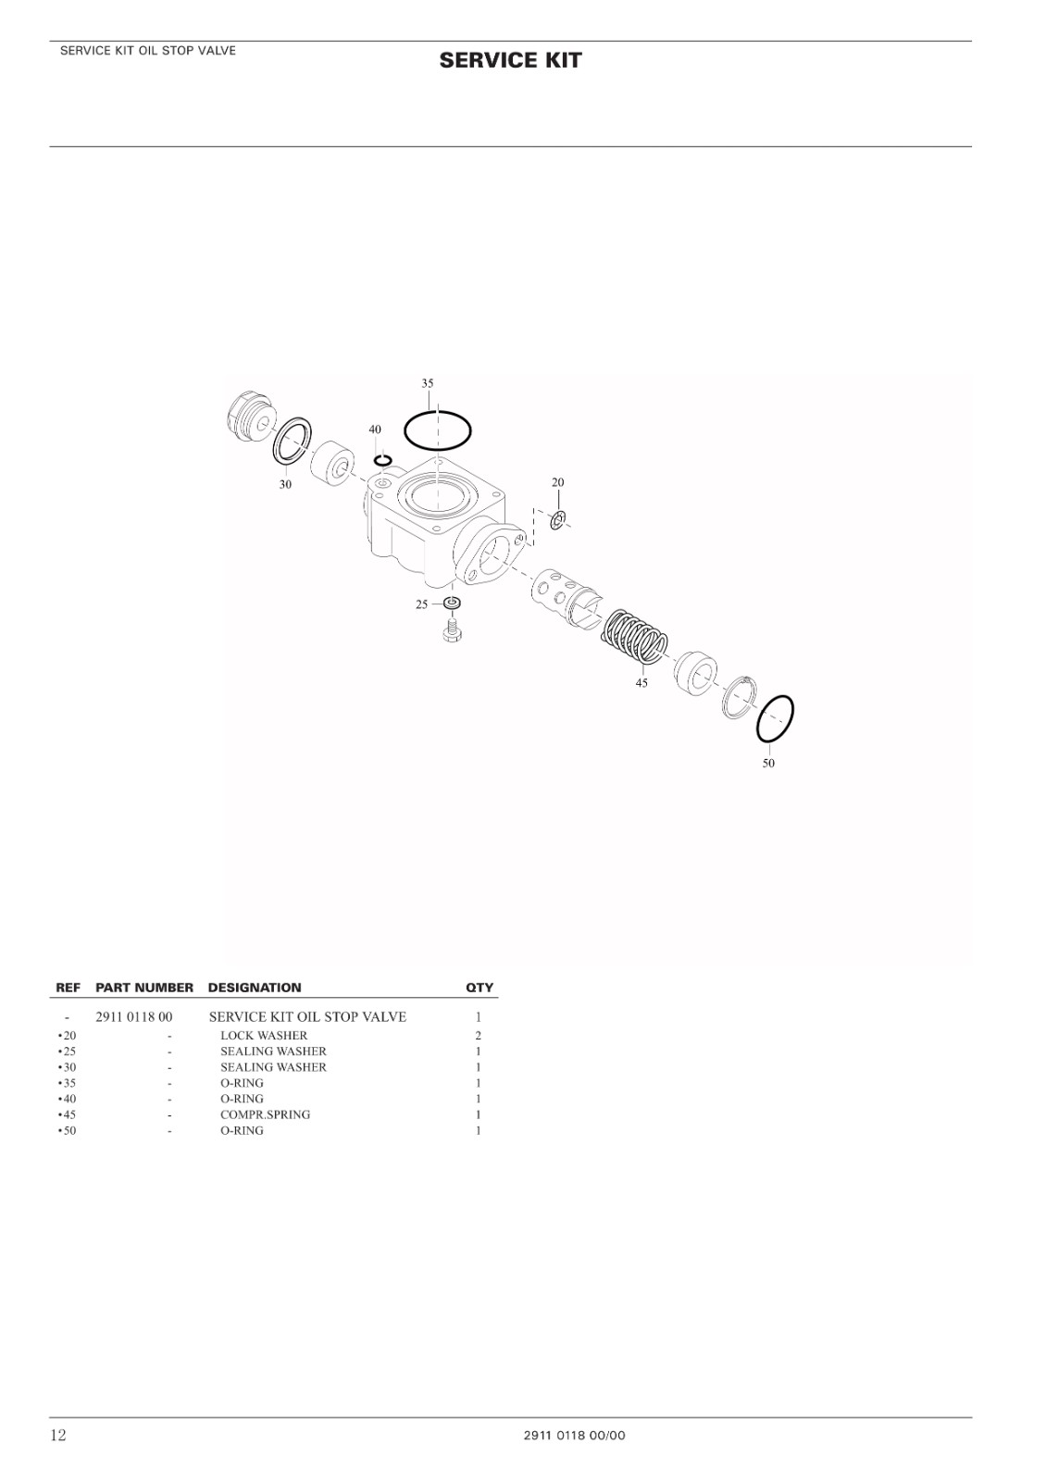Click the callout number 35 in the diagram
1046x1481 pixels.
[x=427, y=383]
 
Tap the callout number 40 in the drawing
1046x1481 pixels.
[x=375, y=429]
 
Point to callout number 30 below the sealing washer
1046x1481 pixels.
[x=285, y=485]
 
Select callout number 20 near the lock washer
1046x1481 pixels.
[x=557, y=482]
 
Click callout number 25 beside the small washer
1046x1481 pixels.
[x=422, y=604]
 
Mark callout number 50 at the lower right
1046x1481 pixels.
[x=768, y=764]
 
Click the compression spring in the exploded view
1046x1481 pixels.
[x=635, y=636]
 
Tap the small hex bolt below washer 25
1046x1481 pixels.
[x=453, y=630]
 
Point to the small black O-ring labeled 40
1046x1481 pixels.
[x=383, y=460]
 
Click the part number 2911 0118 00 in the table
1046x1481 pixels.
[x=134, y=1017]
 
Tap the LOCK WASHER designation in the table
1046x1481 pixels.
[x=264, y=1036]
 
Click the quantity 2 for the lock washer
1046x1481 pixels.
[x=478, y=1036]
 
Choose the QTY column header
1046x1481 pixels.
[x=479, y=988]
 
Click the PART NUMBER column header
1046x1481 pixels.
[x=144, y=988]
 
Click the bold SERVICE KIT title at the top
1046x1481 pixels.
[x=510, y=61]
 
